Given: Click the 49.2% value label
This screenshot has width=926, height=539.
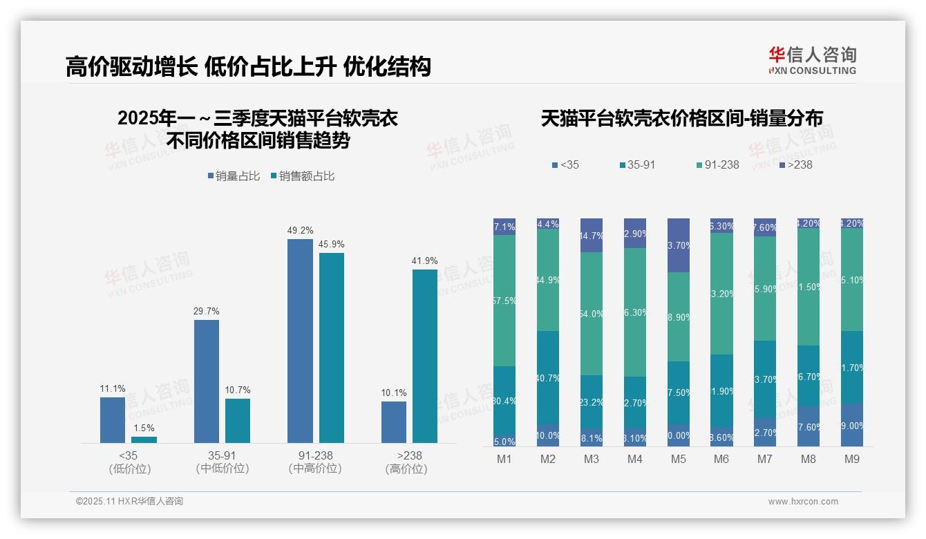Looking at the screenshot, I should tap(300, 231).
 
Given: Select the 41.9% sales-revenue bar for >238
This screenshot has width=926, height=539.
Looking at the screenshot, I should tap(425, 356).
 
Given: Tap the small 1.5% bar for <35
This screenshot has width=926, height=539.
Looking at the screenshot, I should tap(144, 439).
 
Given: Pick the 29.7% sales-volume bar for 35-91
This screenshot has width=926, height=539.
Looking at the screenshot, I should tap(207, 381).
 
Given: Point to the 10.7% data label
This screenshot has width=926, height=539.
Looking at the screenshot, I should tap(238, 390).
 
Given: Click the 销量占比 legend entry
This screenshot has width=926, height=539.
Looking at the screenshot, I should tap(234, 176).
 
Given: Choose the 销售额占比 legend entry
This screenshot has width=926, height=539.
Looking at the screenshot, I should tap(303, 176).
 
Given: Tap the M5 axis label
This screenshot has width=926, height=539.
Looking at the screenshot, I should tap(679, 459).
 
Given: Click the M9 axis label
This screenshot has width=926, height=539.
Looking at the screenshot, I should tap(852, 459).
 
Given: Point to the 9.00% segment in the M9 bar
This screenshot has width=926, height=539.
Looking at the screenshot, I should tap(852, 425).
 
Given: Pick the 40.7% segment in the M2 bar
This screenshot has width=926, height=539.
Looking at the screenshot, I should tap(548, 377).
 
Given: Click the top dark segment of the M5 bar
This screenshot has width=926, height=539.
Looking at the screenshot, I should tap(679, 245).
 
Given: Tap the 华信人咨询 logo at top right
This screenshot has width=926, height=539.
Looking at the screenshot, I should tap(812, 60).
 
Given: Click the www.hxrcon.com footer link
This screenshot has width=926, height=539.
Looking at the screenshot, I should tap(803, 502).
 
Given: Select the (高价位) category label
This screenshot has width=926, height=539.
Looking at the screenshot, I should tap(406, 469).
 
